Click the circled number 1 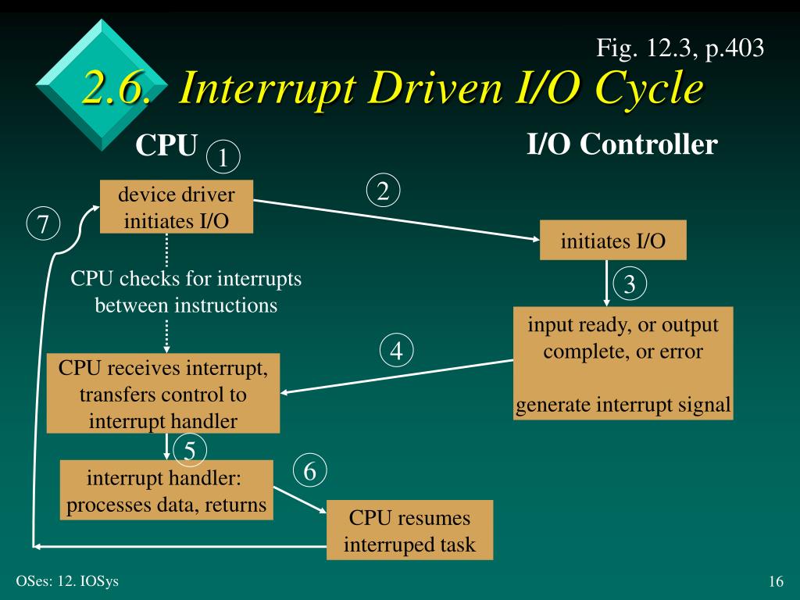(223, 158)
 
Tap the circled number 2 (383, 191)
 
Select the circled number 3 (630, 286)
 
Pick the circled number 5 (190, 449)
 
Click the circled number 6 (310, 470)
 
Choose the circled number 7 (43, 224)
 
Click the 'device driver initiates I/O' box (177, 206)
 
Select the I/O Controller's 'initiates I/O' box (612, 241)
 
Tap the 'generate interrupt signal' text (623, 405)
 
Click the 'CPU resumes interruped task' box (409, 530)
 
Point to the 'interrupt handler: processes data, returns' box (167, 491)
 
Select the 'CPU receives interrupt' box (163, 394)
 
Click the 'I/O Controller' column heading (622, 145)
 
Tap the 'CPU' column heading (165, 145)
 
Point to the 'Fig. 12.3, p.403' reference (680, 50)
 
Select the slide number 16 (776, 581)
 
